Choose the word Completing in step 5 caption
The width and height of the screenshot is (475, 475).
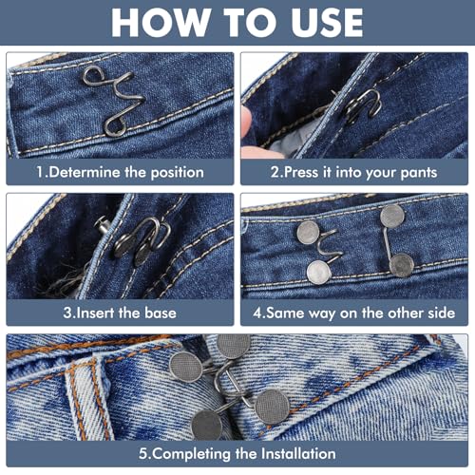tap(191, 454)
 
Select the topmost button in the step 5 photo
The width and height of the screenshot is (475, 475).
tap(233, 345)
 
